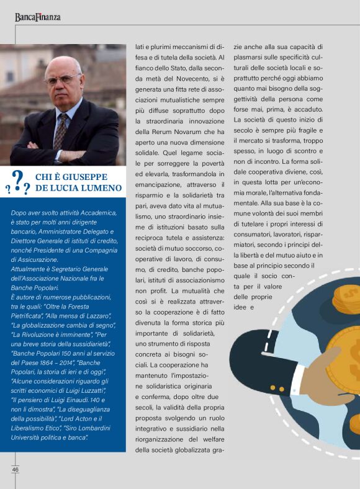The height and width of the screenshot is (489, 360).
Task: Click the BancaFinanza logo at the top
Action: coord(38,17)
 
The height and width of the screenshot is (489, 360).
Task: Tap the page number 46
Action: coord(14,469)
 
